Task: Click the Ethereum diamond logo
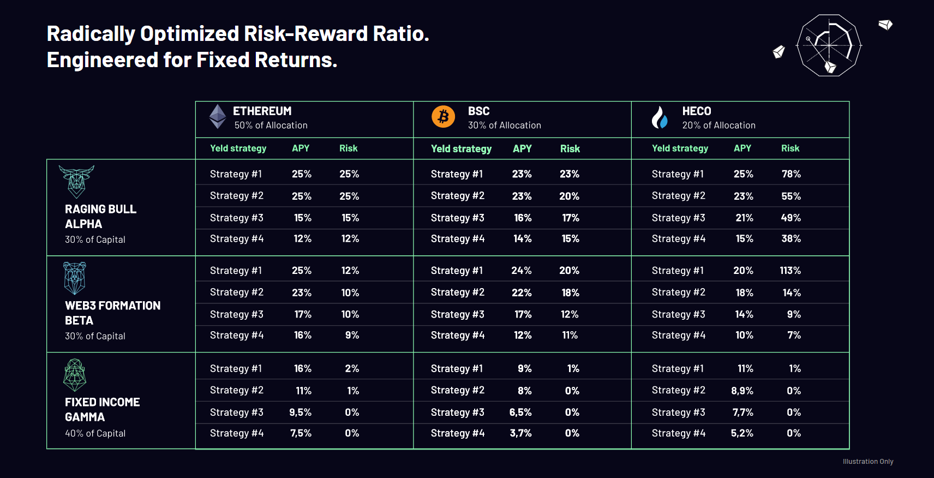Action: (217, 116)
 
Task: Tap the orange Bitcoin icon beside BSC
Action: (443, 116)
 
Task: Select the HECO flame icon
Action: (660, 117)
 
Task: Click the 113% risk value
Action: (790, 270)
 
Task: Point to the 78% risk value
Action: (791, 174)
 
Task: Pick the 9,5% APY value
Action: (300, 413)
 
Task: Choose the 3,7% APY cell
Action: (520, 433)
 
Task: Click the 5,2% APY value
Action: (742, 433)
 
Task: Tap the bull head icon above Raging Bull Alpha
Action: (77, 182)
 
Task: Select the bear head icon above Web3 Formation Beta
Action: (75, 278)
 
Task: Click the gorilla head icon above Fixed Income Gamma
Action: (75, 375)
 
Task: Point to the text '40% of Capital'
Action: (95, 433)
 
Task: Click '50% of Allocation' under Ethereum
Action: (271, 125)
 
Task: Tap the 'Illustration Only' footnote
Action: (868, 461)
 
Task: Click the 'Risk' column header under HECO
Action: (790, 148)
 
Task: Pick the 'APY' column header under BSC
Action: (522, 148)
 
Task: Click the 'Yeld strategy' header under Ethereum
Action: (238, 148)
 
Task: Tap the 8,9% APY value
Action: (742, 391)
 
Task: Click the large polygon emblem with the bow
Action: (829, 45)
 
